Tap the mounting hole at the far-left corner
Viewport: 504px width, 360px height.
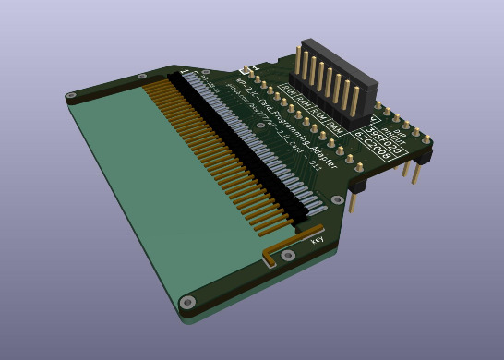click(x=70, y=94)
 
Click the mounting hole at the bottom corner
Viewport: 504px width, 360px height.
click(x=187, y=301)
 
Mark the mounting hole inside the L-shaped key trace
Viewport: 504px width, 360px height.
click(x=285, y=256)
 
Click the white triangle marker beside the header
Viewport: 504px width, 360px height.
click(x=372, y=119)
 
